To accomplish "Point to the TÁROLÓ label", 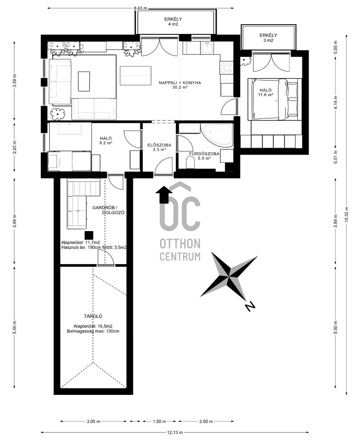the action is pyautogui.click(x=93, y=316).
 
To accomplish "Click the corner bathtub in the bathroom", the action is pyautogui.click(x=217, y=135).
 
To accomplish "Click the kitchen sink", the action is pyautogui.click(x=207, y=48).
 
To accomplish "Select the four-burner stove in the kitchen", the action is pyautogui.click(x=226, y=67).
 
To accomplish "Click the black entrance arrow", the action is pyautogui.click(x=164, y=195).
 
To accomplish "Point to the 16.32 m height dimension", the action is pyautogui.click(x=346, y=214).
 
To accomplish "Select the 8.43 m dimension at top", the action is pyautogui.click(x=140, y=8).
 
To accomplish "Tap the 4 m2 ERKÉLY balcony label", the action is pyautogui.click(x=173, y=22).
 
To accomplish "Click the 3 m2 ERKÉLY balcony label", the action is pyautogui.click(x=268, y=38).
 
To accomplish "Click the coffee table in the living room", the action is pyautogui.click(x=84, y=81).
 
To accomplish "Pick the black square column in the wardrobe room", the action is pyautogui.click(x=89, y=235).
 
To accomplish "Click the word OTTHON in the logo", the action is pyautogui.click(x=180, y=244).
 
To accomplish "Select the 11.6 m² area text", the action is pyautogui.click(x=265, y=94).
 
